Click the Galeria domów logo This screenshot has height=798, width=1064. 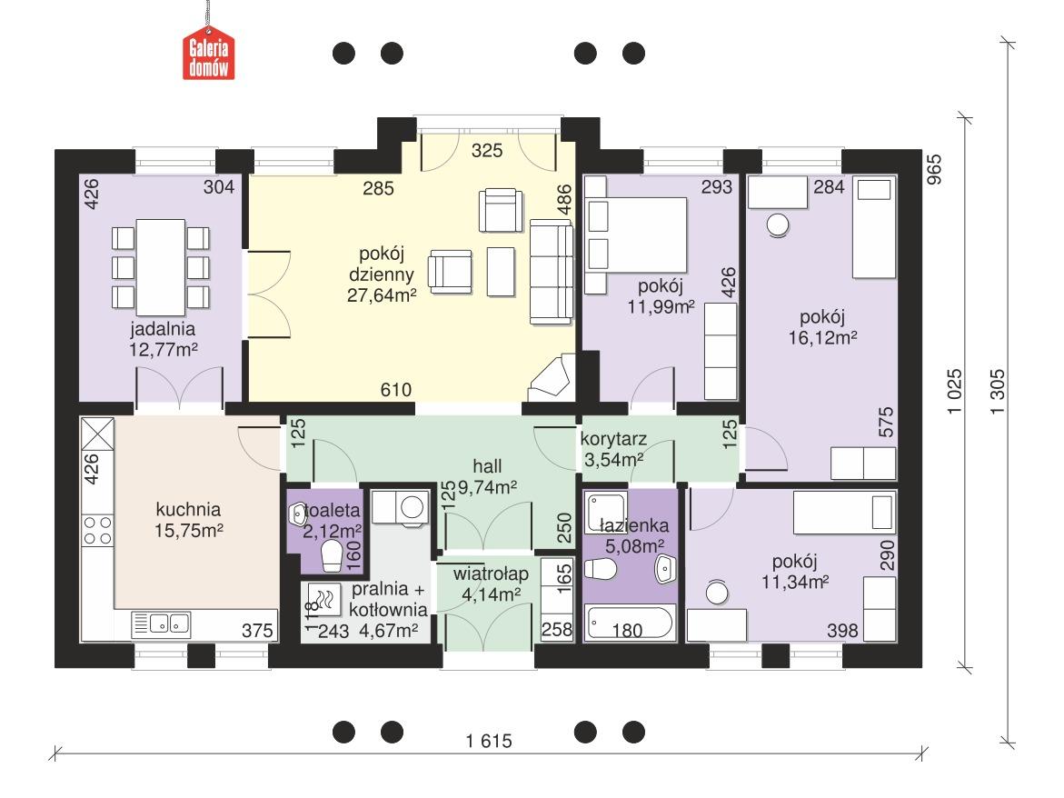pyautogui.click(x=209, y=56)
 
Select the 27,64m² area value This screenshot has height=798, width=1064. pyautogui.click(x=382, y=294)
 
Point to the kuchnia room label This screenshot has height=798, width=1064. pyautogui.click(x=188, y=509)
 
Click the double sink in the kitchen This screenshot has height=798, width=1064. pyautogui.click(x=161, y=623)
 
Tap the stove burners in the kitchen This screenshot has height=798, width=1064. pyautogui.click(x=98, y=530)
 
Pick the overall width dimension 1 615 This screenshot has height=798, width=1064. pyautogui.click(x=490, y=741)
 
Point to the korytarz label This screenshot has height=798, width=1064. pyautogui.click(x=613, y=440)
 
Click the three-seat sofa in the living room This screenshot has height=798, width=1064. pyautogui.click(x=552, y=271)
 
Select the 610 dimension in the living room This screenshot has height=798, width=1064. pyautogui.click(x=397, y=390)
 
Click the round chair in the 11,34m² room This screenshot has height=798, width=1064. pyautogui.click(x=718, y=594)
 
